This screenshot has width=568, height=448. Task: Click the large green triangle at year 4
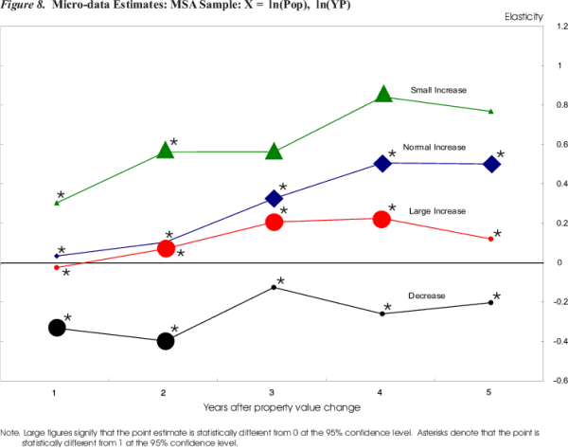383,94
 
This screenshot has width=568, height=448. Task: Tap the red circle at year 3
275,222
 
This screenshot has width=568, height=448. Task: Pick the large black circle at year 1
57,327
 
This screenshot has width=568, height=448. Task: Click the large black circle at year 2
166,341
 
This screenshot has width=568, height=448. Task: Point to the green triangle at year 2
166,150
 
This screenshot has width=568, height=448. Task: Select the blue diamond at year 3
275,198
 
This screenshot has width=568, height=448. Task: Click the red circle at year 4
382,219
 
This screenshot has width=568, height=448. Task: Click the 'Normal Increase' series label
435,148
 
